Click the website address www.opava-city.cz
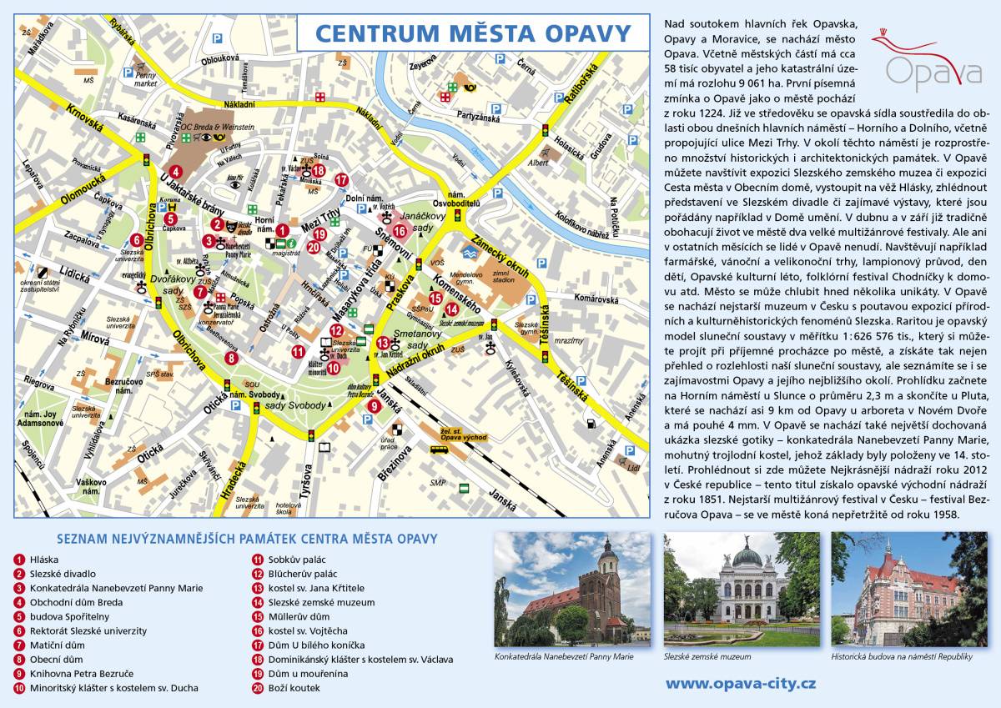[x=740, y=684]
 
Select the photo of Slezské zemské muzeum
[x=742, y=589]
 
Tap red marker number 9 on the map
[x=375, y=406]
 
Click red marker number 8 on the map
[x=231, y=358]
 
